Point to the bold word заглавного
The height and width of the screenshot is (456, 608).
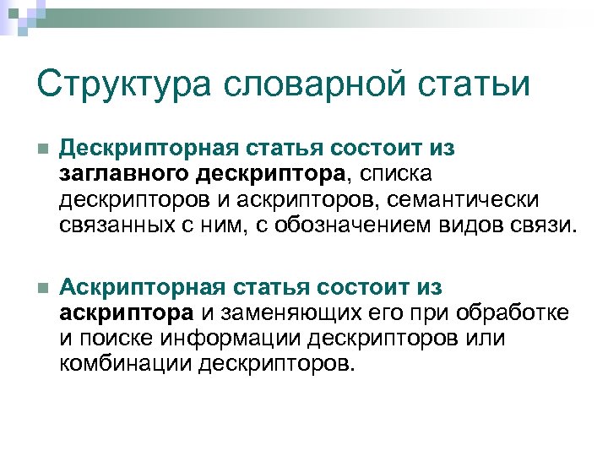tap(123, 175)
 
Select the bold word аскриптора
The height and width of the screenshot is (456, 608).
tap(125, 314)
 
